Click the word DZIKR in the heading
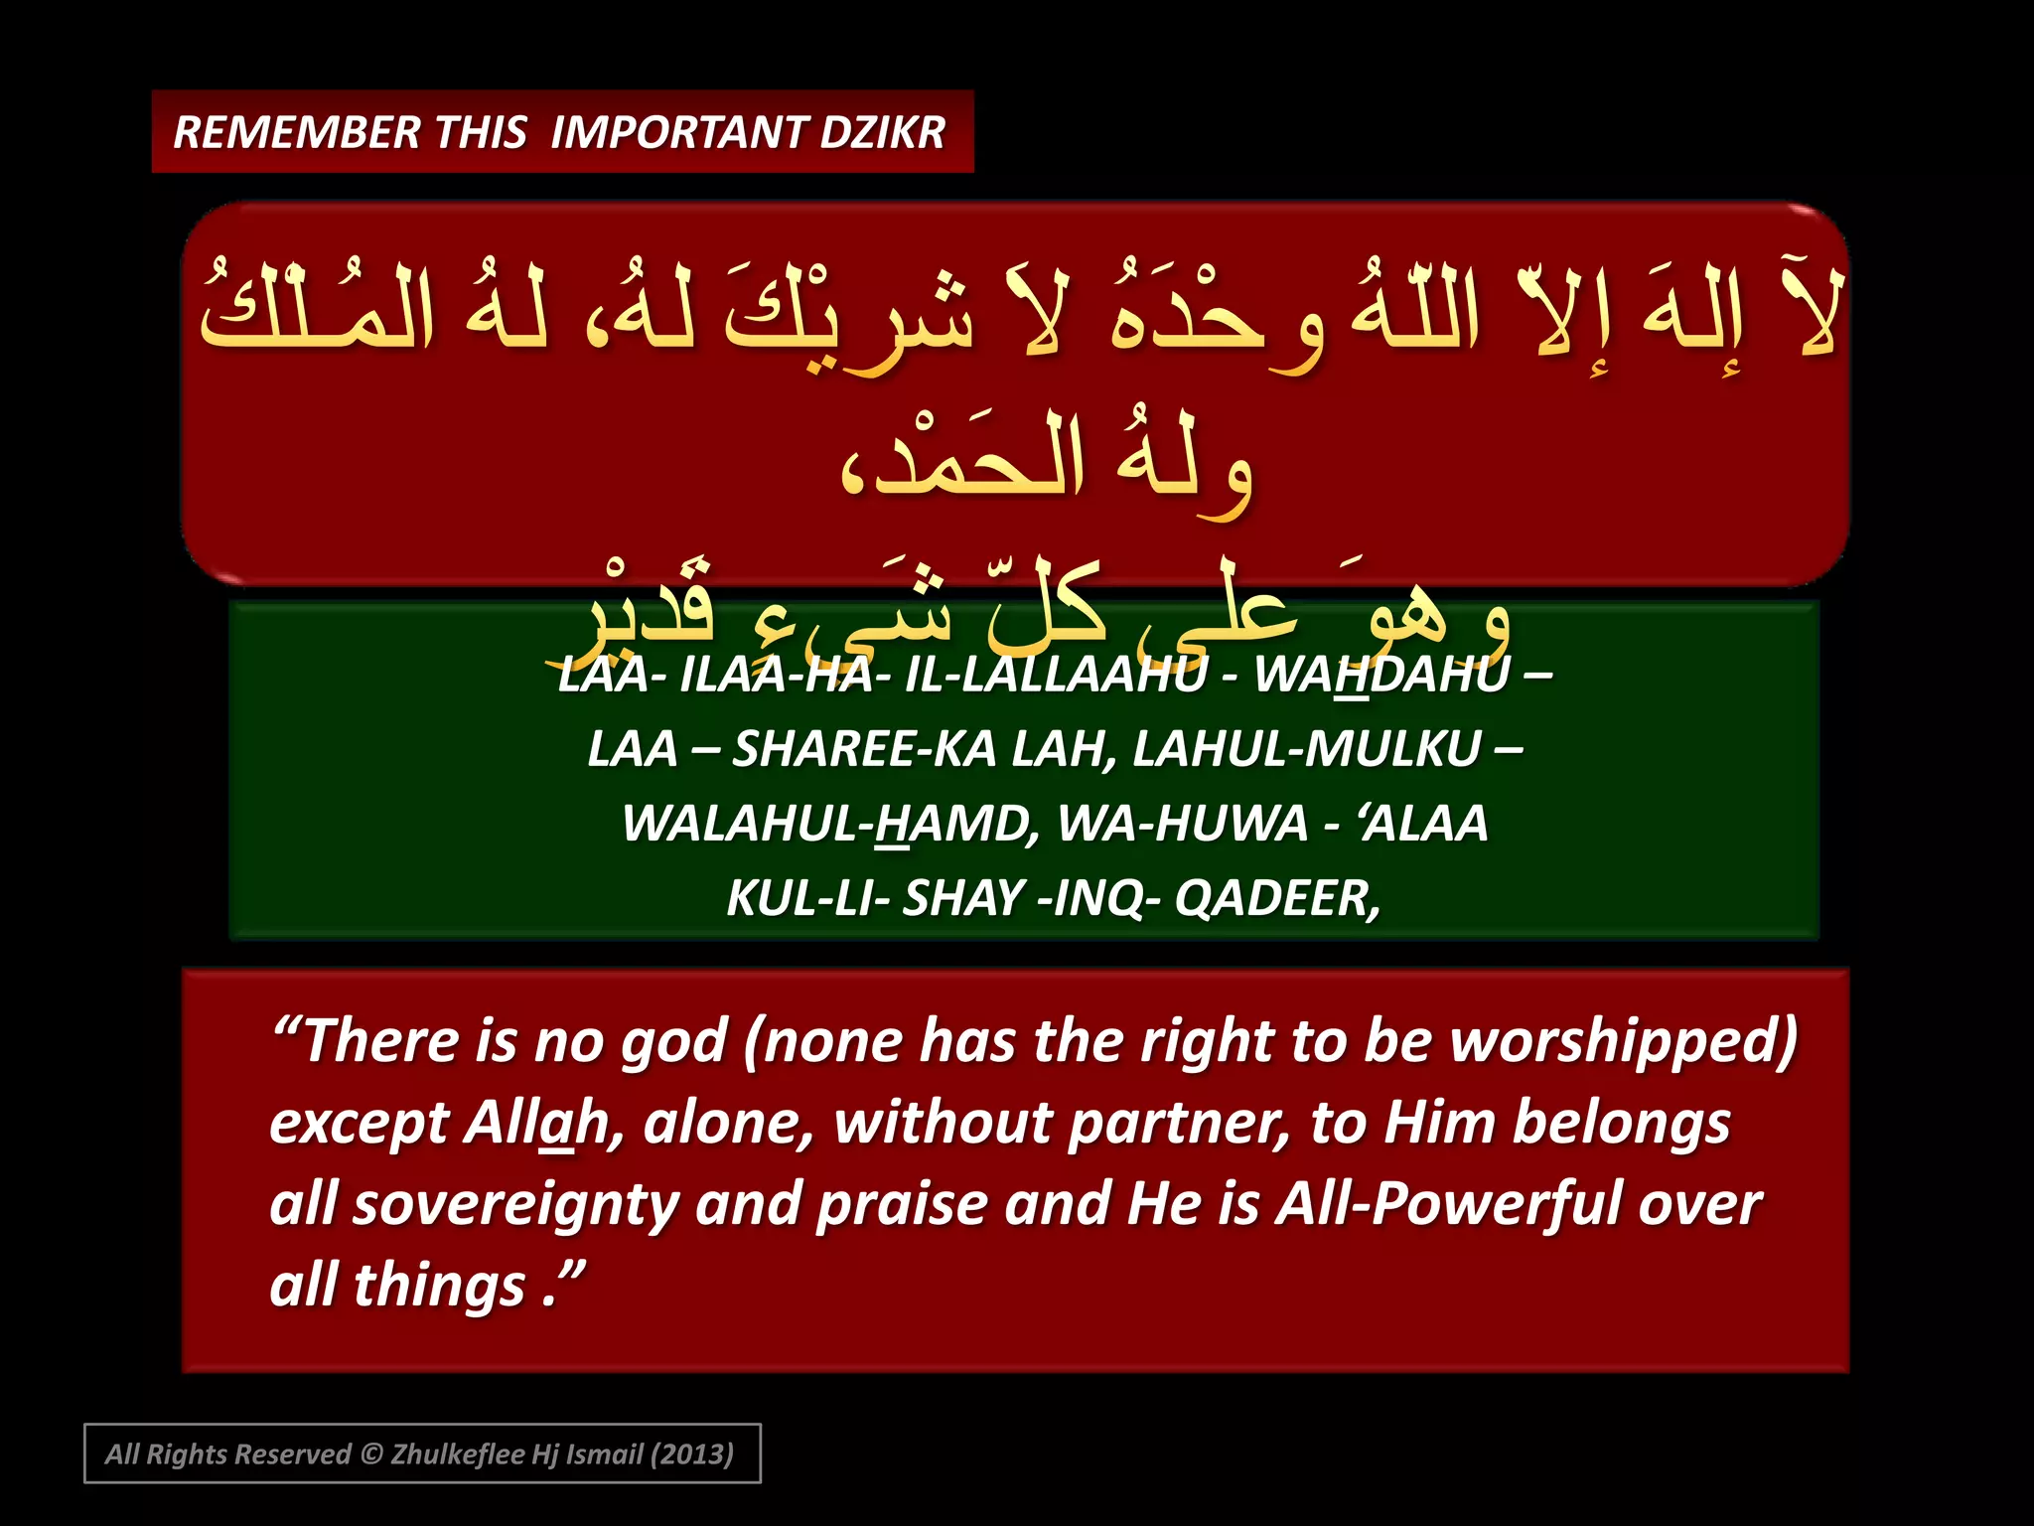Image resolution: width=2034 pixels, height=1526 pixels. click(x=882, y=133)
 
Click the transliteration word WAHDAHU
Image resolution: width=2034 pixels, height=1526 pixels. click(x=1381, y=675)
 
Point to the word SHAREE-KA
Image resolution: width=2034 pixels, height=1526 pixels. click(x=864, y=749)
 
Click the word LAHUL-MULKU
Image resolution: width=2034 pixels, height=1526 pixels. click(x=1306, y=749)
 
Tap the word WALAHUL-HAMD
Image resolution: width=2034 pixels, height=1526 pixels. click(x=830, y=824)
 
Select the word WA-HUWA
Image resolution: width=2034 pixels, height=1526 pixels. click(x=1182, y=824)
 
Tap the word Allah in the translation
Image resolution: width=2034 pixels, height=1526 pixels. click(x=537, y=1124)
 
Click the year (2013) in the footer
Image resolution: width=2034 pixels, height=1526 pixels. click(x=691, y=1454)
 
